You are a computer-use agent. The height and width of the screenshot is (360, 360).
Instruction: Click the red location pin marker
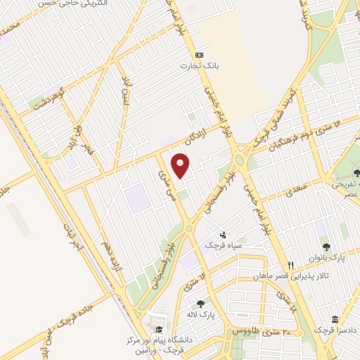(181, 165)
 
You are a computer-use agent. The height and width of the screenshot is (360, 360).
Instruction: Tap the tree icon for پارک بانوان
(326, 247)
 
